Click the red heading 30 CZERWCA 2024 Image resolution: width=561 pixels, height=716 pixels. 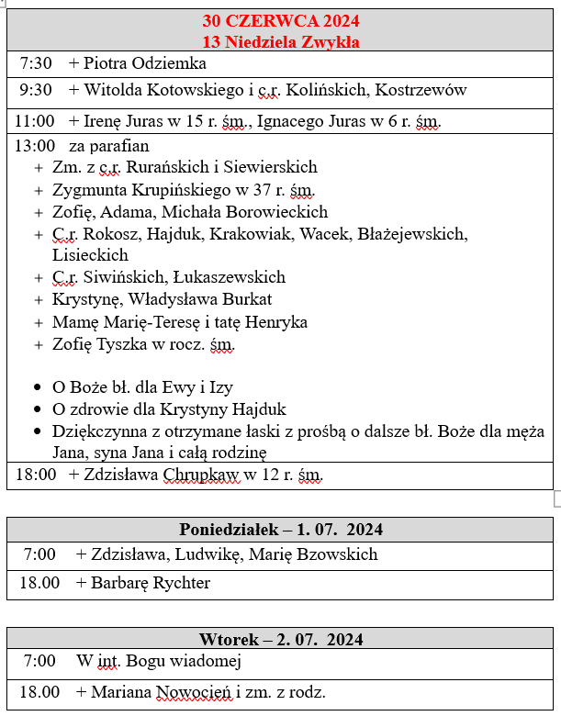click(281, 21)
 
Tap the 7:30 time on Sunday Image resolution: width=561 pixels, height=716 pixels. click(36, 63)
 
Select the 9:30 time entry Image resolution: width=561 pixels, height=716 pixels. click(36, 90)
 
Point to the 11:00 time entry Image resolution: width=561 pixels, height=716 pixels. click(35, 121)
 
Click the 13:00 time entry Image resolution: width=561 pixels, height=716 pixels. click(35, 146)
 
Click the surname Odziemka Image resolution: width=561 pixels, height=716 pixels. click(173, 63)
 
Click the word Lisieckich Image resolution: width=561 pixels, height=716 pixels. click(91, 255)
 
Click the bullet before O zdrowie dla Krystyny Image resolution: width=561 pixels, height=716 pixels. click(37, 409)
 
